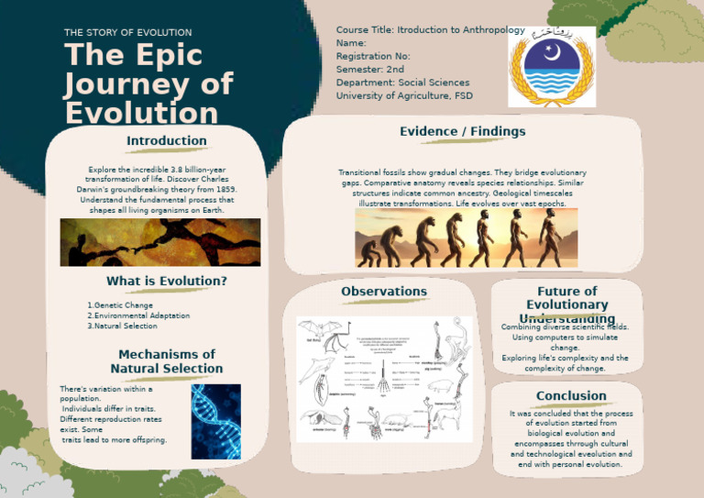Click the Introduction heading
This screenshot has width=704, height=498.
(x=166, y=141)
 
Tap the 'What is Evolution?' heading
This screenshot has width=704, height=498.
(x=167, y=281)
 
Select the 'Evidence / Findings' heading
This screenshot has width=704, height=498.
(x=462, y=132)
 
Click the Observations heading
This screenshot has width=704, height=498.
(x=384, y=292)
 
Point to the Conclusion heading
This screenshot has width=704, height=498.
(x=571, y=396)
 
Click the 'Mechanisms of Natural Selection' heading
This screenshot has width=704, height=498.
(x=167, y=361)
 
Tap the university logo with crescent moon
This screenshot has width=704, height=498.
(x=552, y=65)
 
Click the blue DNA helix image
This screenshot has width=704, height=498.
(x=215, y=421)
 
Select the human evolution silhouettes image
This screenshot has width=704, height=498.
(x=467, y=238)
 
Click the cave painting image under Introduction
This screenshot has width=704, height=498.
(x=159, y=242)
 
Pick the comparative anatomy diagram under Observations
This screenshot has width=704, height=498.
(x=384, y=379)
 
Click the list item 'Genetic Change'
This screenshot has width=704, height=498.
(x=120, y=305)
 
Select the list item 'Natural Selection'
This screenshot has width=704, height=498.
(x=122, y=326)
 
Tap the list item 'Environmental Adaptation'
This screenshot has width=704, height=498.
(x=138, y=315)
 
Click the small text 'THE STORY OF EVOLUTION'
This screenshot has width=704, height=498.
(x=128, y=33)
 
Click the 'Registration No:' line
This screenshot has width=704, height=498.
(x=373, y=56)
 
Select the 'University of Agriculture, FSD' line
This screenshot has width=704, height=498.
(x=404, y=95)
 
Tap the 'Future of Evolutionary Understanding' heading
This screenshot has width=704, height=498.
(x=566, y=304)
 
